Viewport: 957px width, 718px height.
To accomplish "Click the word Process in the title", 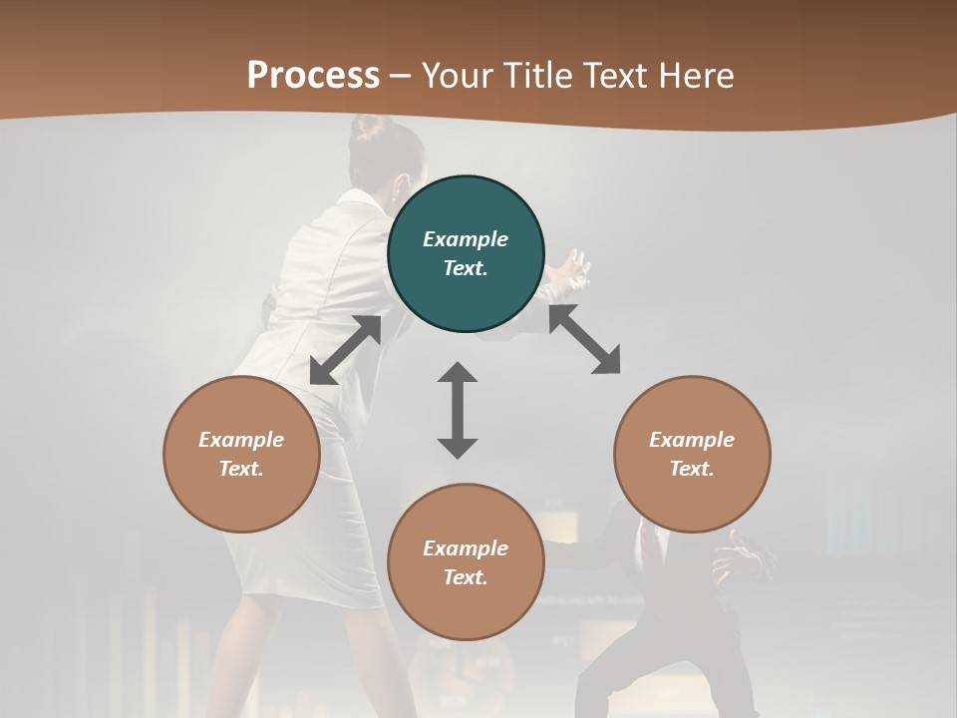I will tap(313, 76).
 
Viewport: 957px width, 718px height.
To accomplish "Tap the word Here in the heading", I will tap(695, 76).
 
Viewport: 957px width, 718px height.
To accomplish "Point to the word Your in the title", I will tap(459, 76).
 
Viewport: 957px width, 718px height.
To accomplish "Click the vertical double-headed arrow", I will tap(458, 410).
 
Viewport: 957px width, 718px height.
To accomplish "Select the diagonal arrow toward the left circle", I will tap(345, 350).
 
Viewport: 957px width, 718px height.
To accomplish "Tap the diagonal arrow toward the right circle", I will tap(584, 339).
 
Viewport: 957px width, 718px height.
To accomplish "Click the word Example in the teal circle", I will tap(466, 239).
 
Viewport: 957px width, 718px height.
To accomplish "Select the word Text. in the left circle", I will tap(241, 469).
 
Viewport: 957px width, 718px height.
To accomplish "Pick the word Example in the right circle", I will tap(692, 440).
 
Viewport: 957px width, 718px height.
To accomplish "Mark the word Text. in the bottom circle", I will tap(466, 577).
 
